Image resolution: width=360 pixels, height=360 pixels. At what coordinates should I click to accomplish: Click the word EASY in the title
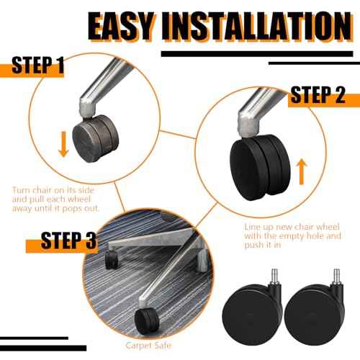(x=121, y=26)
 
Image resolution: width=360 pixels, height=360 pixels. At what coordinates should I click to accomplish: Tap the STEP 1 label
(x=38, y=65)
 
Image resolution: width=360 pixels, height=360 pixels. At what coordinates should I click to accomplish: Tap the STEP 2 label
(x=318, y=94)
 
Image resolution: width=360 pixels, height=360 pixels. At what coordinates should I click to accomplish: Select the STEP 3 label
(x=68, y=240)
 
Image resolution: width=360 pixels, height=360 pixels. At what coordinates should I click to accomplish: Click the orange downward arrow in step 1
(x=63, y=144)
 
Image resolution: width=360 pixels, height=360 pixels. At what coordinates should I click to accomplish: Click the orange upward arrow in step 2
(x=302, y=172)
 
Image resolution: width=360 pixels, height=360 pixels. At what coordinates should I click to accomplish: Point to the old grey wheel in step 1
(x=96, y=138)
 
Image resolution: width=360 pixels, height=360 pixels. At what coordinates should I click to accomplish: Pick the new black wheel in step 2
(x=260, y=167)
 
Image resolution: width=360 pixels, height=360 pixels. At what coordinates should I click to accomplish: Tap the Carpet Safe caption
(x=148, y=346)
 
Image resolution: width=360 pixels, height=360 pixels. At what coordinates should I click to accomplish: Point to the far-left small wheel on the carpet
(x=112, y=260)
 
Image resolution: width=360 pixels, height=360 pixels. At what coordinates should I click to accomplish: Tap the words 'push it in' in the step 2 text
(x=263, y=245)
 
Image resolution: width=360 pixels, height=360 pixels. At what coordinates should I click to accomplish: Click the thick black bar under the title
(x=257, y=54)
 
